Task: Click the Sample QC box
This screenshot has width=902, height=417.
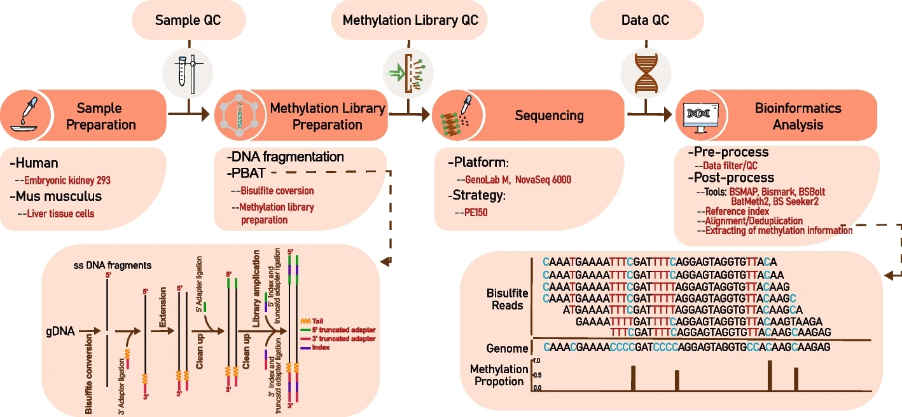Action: (188, 20)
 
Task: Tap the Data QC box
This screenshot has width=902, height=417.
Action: (645, 20)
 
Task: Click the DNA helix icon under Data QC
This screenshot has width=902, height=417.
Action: (645, 69)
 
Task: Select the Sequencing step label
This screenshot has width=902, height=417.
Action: (549, 115)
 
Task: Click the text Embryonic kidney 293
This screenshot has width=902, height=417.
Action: (63, 181)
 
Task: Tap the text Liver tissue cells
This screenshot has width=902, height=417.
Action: (60, 214)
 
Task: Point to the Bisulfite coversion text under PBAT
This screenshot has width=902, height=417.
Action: (277, 191)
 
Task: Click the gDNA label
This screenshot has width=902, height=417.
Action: (60, 331)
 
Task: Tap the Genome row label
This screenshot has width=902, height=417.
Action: (507, 348)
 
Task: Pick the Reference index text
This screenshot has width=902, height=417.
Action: (741, 211)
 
